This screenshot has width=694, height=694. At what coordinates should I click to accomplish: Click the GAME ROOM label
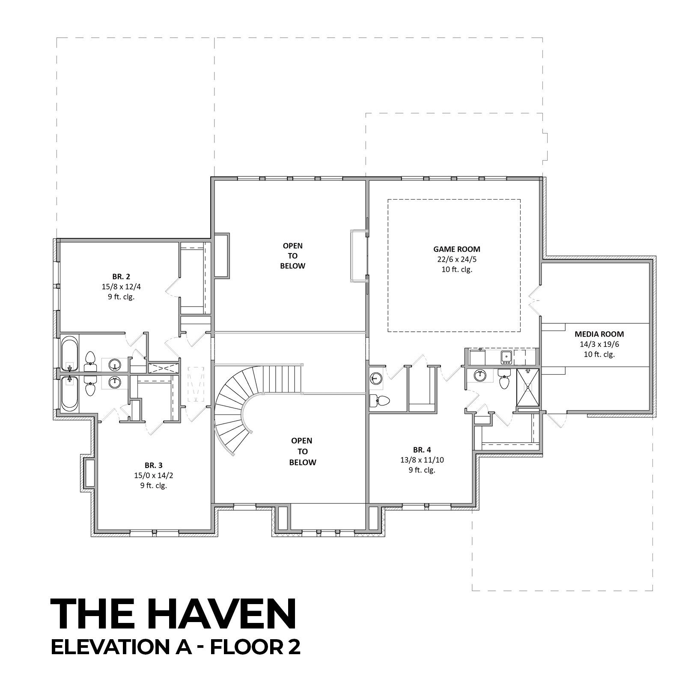click(457, 249)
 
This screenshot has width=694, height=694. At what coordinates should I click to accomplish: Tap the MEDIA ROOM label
click(599, 334)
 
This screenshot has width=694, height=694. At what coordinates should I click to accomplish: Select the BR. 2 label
click(121, 276)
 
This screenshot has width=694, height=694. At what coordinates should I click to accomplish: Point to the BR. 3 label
click(153, 465)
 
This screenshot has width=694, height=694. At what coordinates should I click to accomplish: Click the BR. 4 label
click(422, 450)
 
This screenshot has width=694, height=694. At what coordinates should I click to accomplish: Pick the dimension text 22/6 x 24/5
click(457, 259)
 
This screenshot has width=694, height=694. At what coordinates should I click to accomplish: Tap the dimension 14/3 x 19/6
click(599, 344)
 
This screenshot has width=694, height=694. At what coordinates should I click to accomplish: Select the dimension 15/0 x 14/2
click(153, 475)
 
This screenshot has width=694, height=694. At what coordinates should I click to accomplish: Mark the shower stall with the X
click(528, 387)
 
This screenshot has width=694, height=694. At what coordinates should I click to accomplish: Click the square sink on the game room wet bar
click(506, 357)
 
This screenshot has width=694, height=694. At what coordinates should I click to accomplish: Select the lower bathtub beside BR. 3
click(69, 393)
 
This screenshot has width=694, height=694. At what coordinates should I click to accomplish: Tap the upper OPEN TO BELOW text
click(292, 256)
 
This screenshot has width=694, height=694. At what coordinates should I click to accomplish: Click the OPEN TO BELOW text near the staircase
click(303, 451)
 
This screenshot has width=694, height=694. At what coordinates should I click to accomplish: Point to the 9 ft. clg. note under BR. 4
click(422, 470)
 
